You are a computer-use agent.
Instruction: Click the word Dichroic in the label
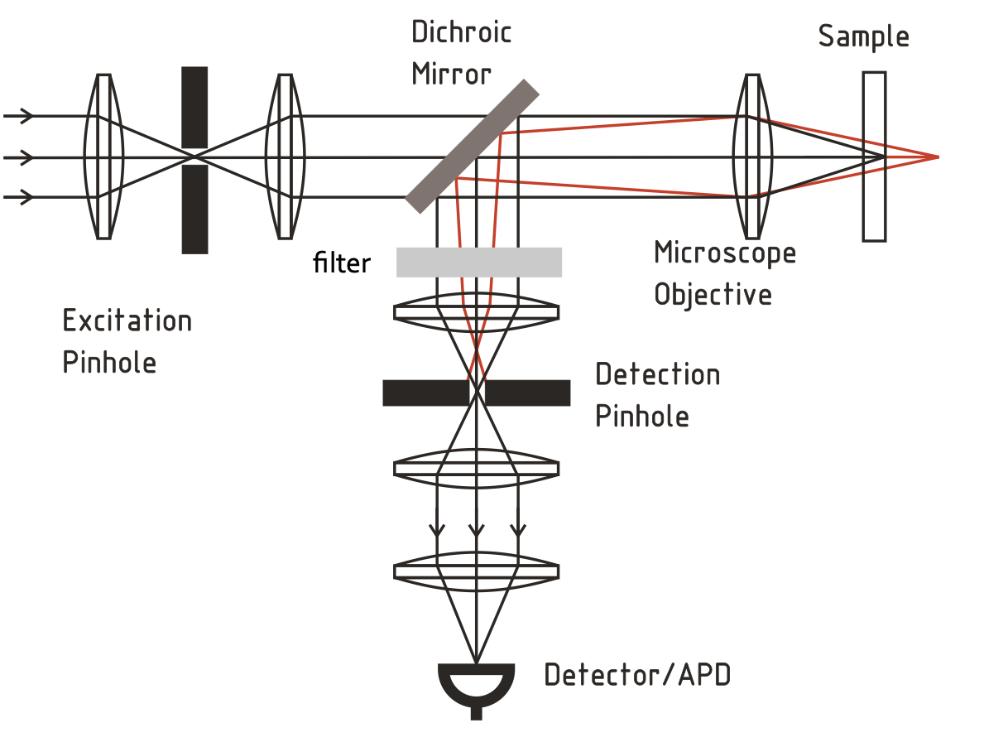pyautogui.click(x=461, y=33)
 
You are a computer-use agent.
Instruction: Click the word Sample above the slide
pyautogui.click(x=863, y=37)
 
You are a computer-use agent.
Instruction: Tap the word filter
pyautogui.click(x=341, y=263)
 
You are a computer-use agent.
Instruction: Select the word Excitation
pyautogui.click(x=127, y=320)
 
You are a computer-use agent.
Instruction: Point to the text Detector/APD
pyautogui.click(x=637, y=676)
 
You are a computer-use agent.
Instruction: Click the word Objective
pyautogui.click(x=713, y=295)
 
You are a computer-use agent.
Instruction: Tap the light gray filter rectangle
pyautogui.click(x=479, y=262)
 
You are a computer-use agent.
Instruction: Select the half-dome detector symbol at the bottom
pyautogui.click(x=476, y=685)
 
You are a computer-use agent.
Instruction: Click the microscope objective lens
pyautogui.click(x=751, y=157)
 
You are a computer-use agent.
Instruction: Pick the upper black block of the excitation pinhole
pyautogui.click(x=194, y=108)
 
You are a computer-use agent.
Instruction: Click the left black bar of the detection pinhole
pyautogui.click(x=425, y=393)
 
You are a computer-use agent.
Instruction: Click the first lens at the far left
pyautogui.click(x=103, y=157)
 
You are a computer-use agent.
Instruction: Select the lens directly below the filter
pyautogui.click(x=476, y=311)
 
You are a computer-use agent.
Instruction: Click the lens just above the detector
pyautogui.click(x=476, y=571)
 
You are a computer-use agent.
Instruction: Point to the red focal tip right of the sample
pyautogui.click(x=936, y=157)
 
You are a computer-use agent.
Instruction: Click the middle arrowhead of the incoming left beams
pyautogui.click(x=27, y=157)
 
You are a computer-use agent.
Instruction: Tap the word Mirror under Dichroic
pyautogui.click(x=451, y=75)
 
